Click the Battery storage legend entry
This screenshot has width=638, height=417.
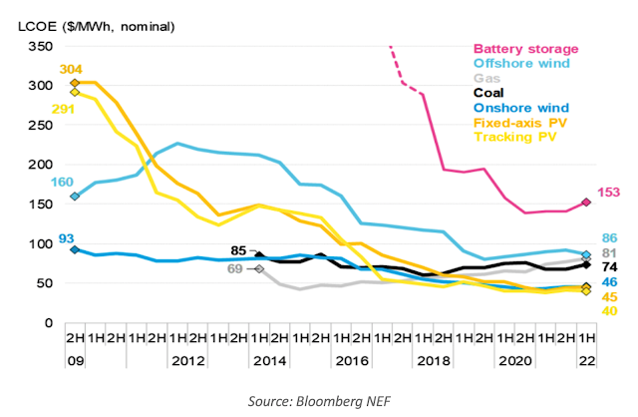(x=525, y=48)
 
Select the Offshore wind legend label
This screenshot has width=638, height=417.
(x=521, y=63)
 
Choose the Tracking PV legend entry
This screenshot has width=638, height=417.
(x=515, y=138)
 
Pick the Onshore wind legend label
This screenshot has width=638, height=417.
(x=520, y=108)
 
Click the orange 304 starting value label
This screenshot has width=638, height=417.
(x=71, y=69)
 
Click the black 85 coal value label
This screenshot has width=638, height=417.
(x=238, y=250)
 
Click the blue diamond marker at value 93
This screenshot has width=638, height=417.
(x=75, y=249)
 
